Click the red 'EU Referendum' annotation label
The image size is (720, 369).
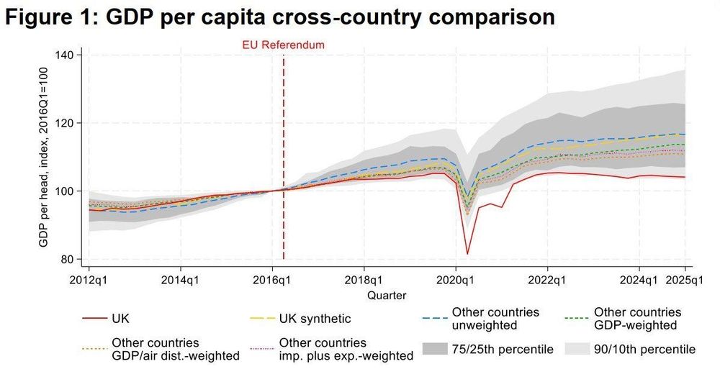[283, 45]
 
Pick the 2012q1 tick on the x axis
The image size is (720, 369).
[89, 279]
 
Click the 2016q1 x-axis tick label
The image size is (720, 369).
[272, 279]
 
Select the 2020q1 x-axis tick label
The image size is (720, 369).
[455, 279]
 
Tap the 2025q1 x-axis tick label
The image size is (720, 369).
[683, 279]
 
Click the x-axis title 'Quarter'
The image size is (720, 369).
[386, 295]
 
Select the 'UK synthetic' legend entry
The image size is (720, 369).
[317, 318]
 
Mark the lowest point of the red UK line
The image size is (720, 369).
[468, 253]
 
